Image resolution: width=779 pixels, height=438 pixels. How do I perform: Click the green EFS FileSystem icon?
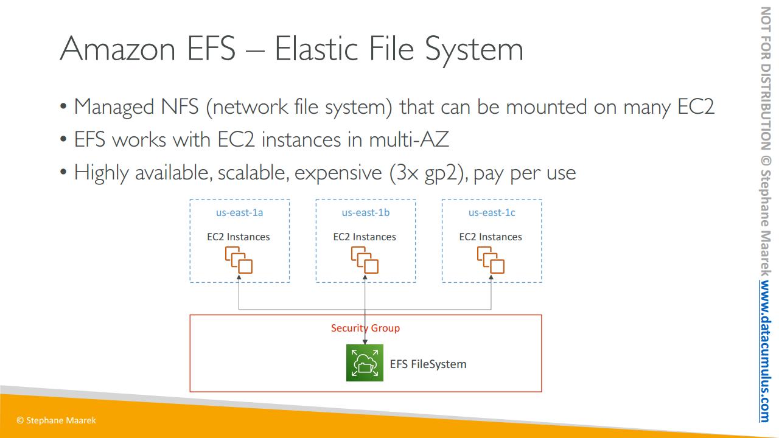tap(365, 363)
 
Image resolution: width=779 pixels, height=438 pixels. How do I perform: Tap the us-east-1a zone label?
tap(239, 213)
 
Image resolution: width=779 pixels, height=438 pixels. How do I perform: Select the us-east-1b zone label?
tap(365, 213)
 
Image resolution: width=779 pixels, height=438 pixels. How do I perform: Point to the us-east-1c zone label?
tap(492, 213)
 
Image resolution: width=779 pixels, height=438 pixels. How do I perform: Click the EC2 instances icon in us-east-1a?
tap(239, 260)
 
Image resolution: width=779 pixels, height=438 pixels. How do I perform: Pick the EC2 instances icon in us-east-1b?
tap(365, 260)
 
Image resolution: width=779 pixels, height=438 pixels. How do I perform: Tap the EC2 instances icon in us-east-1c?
tap(491, 260)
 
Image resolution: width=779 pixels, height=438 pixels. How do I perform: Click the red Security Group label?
tap(365, 328)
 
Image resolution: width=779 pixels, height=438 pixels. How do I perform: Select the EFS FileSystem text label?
tap(428, 364)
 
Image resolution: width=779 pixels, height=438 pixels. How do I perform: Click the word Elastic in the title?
tap(311, 49)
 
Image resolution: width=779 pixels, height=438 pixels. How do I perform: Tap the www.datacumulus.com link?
tap(765, 352)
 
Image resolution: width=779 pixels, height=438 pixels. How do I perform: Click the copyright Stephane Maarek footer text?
tap(56, 420)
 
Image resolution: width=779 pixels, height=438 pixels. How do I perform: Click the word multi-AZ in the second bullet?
tap(409, 140)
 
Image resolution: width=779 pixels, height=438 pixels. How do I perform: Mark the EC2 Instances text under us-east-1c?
tap(491, 237)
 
